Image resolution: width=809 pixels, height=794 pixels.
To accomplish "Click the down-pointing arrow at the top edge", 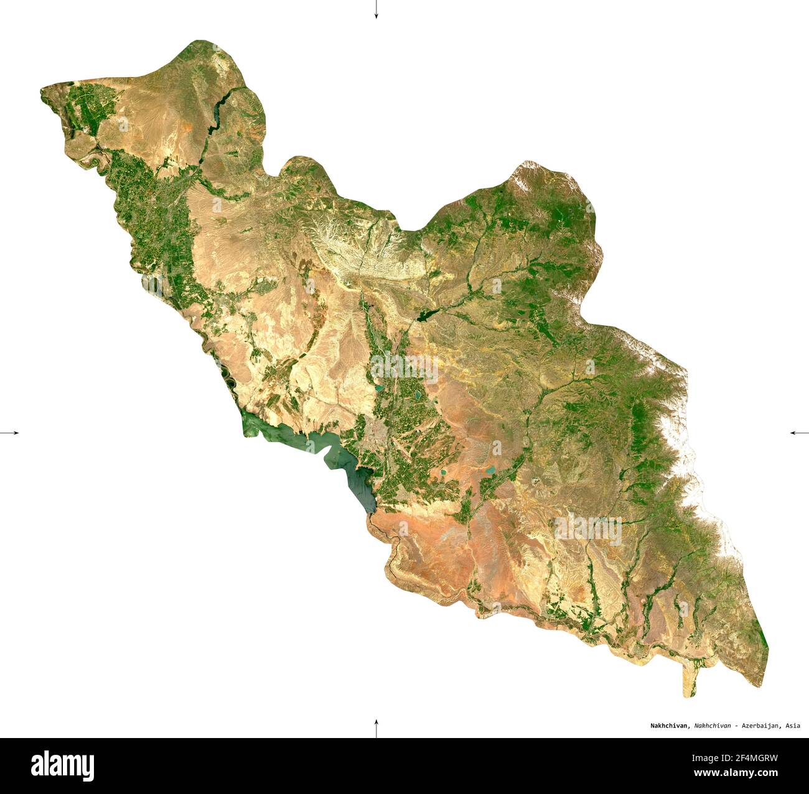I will click(376, 10).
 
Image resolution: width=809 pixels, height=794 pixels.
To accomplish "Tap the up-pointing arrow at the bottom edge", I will click(376, 727).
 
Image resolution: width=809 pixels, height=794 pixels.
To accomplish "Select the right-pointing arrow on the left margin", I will click(10, 432).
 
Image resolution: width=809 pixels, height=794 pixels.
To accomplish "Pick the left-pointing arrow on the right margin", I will click(799, 432).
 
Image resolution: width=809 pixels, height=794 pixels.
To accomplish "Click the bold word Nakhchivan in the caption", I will click(670, 726).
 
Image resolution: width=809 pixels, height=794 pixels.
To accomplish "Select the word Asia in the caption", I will click(792, 726).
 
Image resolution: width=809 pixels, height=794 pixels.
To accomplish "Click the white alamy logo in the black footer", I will click(62, 765).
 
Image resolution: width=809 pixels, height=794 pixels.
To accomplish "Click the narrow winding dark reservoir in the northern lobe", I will click(217, 116).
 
